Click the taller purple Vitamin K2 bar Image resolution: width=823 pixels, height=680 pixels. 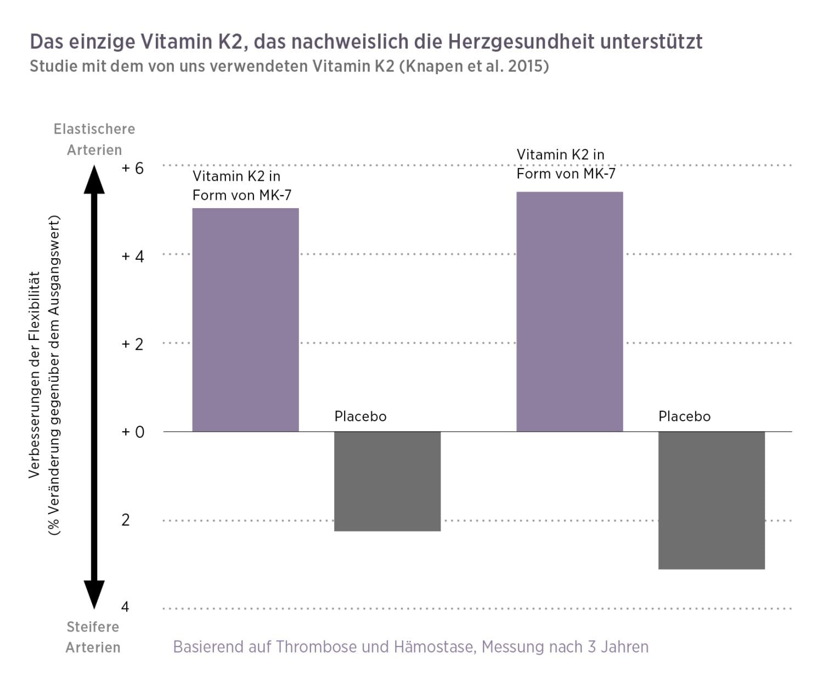[570, 311]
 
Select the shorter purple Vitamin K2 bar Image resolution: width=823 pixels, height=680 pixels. [245, 320]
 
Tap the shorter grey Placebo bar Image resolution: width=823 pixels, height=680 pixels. [387, 481]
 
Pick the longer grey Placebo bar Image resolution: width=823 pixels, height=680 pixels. [711, 500]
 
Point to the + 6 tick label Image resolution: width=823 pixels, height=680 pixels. [132, 168]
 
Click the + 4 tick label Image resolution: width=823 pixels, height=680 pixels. [132, 257]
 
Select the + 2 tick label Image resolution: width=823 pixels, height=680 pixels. [132, 344]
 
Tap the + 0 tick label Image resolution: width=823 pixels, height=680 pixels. [132, 432]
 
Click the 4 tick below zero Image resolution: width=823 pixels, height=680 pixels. [125, 607]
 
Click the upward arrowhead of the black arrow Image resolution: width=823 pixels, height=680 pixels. [94, 180]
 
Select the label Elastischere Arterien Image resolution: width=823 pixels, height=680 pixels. [94, 140]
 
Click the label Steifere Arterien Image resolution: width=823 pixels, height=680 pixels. [93, 637]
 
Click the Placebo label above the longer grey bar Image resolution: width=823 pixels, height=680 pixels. [684, 416]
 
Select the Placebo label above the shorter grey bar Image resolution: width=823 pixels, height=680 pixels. [360, 416]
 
